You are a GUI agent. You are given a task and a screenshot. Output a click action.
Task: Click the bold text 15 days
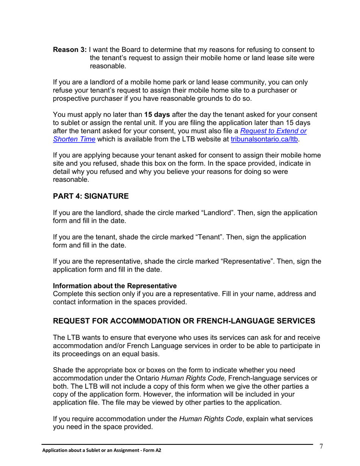point(157,115)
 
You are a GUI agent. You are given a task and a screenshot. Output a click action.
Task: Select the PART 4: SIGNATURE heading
point(91,196)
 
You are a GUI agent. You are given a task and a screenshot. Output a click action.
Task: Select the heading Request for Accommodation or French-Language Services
point(184,321)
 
